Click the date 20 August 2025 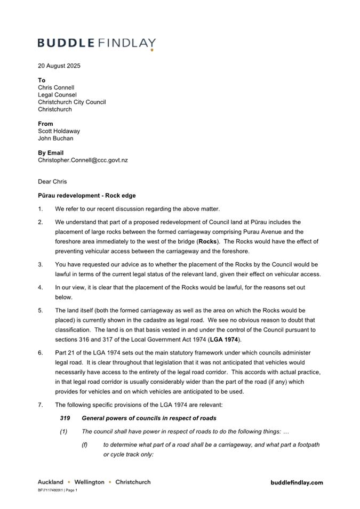59,66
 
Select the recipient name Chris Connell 56,87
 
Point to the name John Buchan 55,139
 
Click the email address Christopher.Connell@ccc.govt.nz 83,160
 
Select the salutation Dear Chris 52,182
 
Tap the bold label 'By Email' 51,153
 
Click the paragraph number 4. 41,288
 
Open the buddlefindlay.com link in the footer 297,482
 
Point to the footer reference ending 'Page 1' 58,490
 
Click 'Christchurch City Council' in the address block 72,102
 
